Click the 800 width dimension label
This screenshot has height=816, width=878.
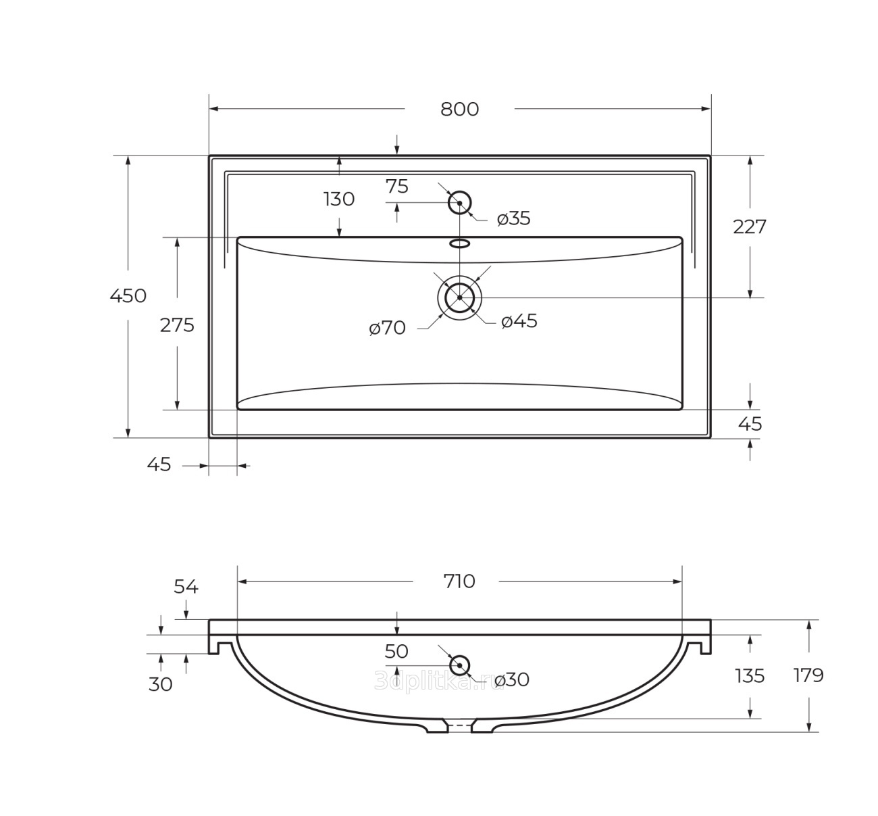point(459,110)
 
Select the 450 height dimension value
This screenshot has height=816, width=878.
point(128,295)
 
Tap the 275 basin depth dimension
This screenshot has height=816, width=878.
point(177,325)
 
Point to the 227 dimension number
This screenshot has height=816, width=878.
point(750,227)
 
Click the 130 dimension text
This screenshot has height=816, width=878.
point(339,199)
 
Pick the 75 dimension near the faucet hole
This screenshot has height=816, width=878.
point(396,187)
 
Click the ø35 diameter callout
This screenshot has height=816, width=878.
point(513,219)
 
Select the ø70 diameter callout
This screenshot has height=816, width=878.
point(387,328)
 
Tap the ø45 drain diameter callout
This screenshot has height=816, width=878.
point(519,321)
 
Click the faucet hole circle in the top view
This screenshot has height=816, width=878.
point(460,193)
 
